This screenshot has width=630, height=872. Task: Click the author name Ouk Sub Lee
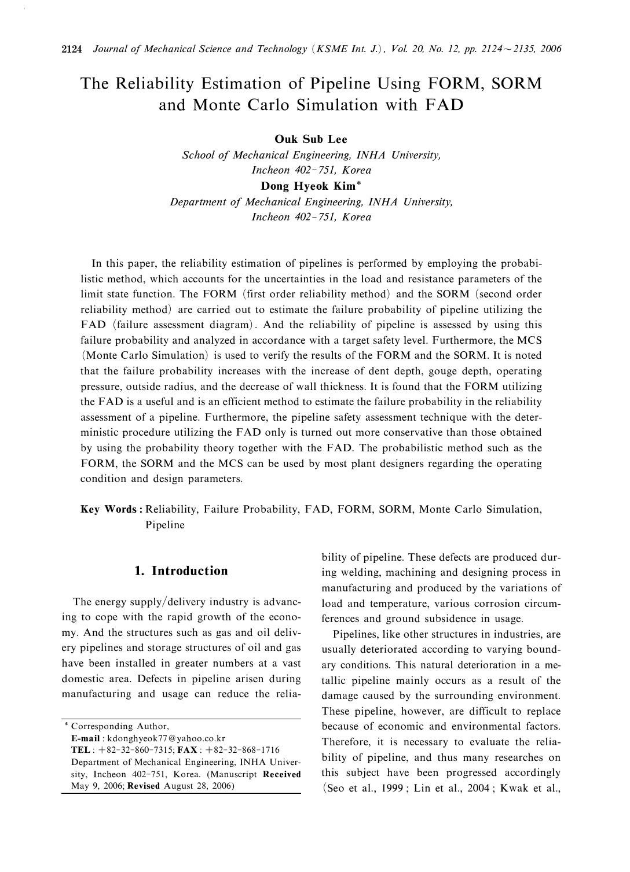coord(311,139)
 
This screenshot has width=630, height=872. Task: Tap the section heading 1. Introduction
coord(181,571)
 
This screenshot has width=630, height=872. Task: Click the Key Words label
coord(111,510)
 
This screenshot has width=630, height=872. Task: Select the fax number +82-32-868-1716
coord(239,750)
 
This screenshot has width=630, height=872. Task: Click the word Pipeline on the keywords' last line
coord(164,525)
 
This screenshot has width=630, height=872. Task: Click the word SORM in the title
coord(517,83)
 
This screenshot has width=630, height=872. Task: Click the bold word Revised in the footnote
coord(144,786)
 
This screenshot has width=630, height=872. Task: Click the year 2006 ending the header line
coord(551,49)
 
